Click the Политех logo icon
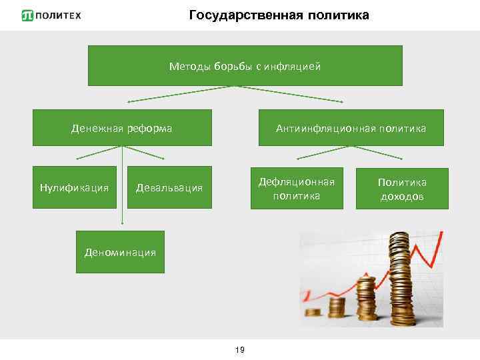pyautogui.click(x=27, y=15)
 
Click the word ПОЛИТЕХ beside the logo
pyautogui.click(x=58, y=15)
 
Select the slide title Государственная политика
pyautogui.click(x=279, y=15)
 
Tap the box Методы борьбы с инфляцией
pyautogui.click(x=245, y=66)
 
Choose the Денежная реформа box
pyautogui.click(x=122, y=127)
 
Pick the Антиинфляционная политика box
pyautogui.click(x=351, y=127)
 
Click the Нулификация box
pyautogui.click(x=74, y=187)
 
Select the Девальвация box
pyautogui.click(x=169, y=187)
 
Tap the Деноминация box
pyautogui.click(x=120, y=252)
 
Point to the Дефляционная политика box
pyautogui.click(x=297, y=188)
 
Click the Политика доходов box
pyautogui.click(x=402, y=189)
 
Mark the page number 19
pyautogui.click(x=240, y=349)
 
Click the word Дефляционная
pyautogui.click(x=297, y=181)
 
